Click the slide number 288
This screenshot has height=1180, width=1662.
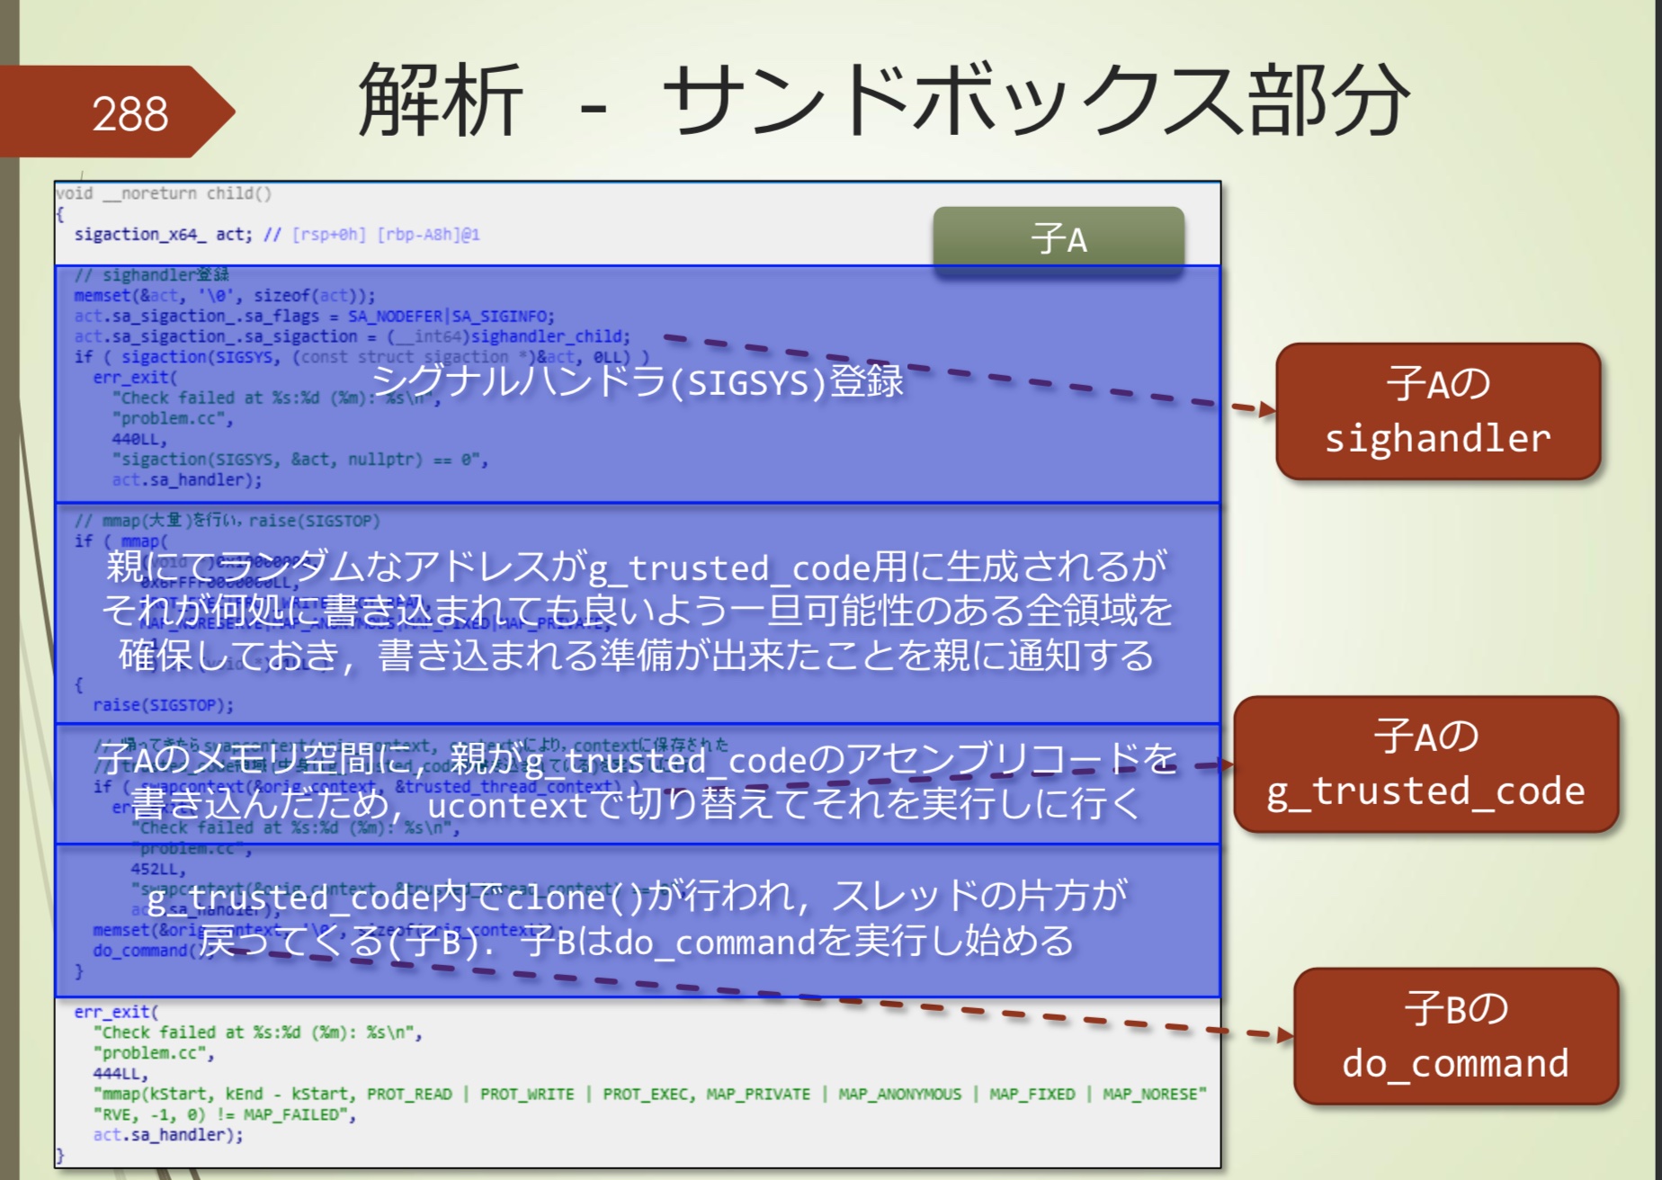(x=130, y=114)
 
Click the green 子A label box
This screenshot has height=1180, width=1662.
(x=1059, y=239)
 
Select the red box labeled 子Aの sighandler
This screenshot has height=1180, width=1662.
(x=1437, y=411)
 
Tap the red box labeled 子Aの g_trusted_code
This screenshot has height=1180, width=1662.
(x=1425, y=764)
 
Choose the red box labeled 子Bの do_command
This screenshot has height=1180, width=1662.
(x=1455, y=1035)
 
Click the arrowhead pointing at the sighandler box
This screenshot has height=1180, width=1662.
(x=1267, y=410)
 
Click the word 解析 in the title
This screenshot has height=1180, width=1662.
(x=440, y=100)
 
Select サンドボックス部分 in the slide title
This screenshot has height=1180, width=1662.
(x=1034, y=100)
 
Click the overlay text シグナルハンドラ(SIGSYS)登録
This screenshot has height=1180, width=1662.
(x=638, y=381)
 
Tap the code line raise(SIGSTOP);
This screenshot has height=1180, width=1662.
(x=163, y=705)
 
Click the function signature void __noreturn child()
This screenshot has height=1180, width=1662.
(x=163, y=193)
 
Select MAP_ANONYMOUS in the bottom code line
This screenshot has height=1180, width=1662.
(x=899, y=1094)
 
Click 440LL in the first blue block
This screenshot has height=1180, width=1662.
(x=139, y=439)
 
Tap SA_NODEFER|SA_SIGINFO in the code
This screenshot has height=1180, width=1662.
(x=451, y=317)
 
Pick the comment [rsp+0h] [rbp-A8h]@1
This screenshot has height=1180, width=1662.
(x=386, y=235)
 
